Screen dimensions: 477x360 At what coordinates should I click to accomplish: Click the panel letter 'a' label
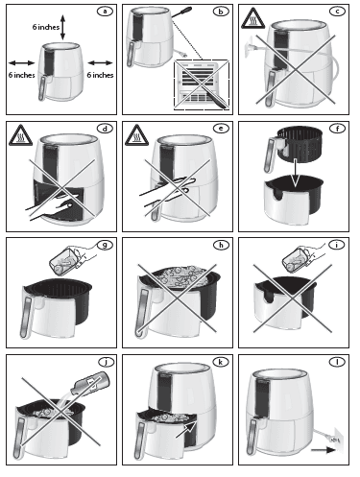pyautogui.click(x=103, y=12)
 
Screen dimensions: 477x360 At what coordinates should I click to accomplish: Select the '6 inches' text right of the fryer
pyautogui.click(x=99, y=73)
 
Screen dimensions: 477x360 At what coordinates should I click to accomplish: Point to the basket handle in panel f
pyautogui.click(x=271, y=147)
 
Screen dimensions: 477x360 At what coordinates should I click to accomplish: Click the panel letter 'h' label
pyautogui.click(x=221, y=246)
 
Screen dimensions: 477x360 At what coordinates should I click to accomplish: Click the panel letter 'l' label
pyautogui.click(x=337, y=363)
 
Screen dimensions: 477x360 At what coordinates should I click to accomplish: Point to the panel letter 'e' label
pyautogui.click(x=221, y=128)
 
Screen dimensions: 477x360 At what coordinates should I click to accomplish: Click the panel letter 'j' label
pyautogui.click(x=103, y=363)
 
